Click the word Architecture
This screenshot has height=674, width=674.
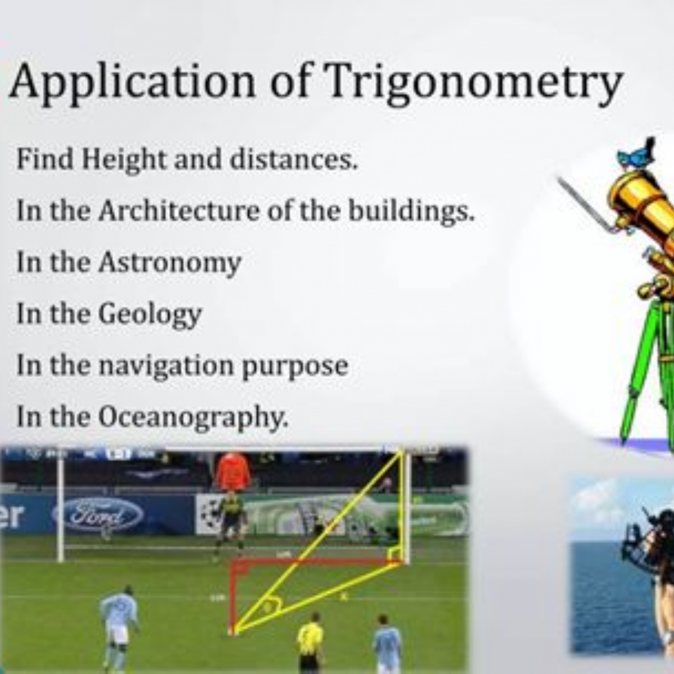179,211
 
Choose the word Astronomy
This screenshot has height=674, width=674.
170,263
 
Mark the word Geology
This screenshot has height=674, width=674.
150,315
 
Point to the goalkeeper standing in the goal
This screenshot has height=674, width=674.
231,522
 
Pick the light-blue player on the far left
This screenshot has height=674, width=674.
119,623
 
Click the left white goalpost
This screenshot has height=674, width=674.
60,505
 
